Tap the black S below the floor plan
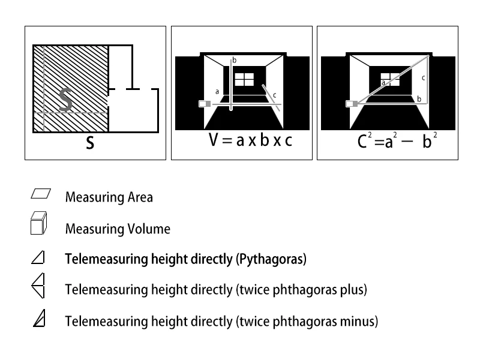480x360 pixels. (x=89, y=144)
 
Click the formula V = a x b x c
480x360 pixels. (x=251, y=142)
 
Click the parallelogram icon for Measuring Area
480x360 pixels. (x=40, y=194)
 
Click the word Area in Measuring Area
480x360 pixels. (x=139, y=197)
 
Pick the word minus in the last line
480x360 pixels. (x=361, y=322)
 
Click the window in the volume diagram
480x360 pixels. (x=244, y=80)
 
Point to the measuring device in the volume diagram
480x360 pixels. (x=205, y=104)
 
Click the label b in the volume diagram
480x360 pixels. (x=235, y=60)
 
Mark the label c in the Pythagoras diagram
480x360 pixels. (x=423, y=77)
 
